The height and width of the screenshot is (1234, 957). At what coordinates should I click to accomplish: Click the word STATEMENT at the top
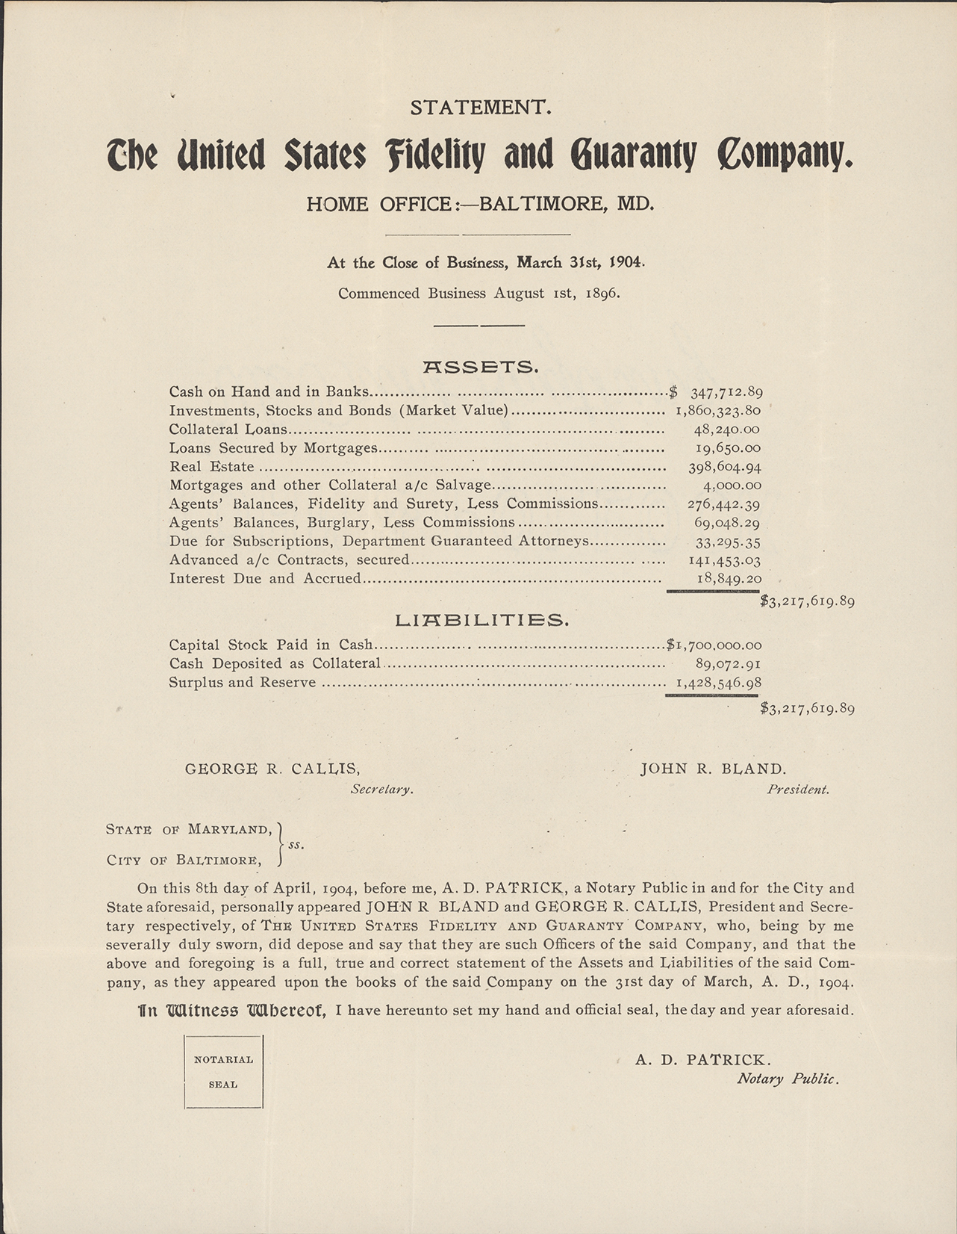coord(481,108)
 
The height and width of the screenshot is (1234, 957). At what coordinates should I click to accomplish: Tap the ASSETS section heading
coord(481,367)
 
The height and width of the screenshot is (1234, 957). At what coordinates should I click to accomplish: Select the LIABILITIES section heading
coord(481,620)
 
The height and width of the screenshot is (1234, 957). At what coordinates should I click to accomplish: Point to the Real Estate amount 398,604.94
coord(724,467)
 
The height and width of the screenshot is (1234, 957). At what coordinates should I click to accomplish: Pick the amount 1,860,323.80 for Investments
coord(717,410)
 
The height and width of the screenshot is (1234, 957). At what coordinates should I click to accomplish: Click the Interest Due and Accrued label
coord(265,578)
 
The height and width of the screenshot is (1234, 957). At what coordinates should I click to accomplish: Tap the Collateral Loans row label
coord(228,429)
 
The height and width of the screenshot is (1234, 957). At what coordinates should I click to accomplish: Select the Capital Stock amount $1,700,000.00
coord(714,645)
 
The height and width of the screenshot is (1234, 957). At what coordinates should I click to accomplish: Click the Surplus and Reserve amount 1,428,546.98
coord(717,682)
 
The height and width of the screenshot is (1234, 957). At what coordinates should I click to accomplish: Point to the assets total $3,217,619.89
coord(807,601)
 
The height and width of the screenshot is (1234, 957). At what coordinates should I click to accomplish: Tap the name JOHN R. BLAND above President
coord(713,769)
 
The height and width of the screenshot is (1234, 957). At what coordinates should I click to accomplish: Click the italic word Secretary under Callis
coord(382,789)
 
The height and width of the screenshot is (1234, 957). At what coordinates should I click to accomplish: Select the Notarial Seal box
coord(223,1071)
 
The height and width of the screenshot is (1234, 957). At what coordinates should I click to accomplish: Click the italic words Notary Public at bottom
coord(788,1079)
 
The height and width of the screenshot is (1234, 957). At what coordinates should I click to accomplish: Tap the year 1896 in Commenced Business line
coord(602,294)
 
